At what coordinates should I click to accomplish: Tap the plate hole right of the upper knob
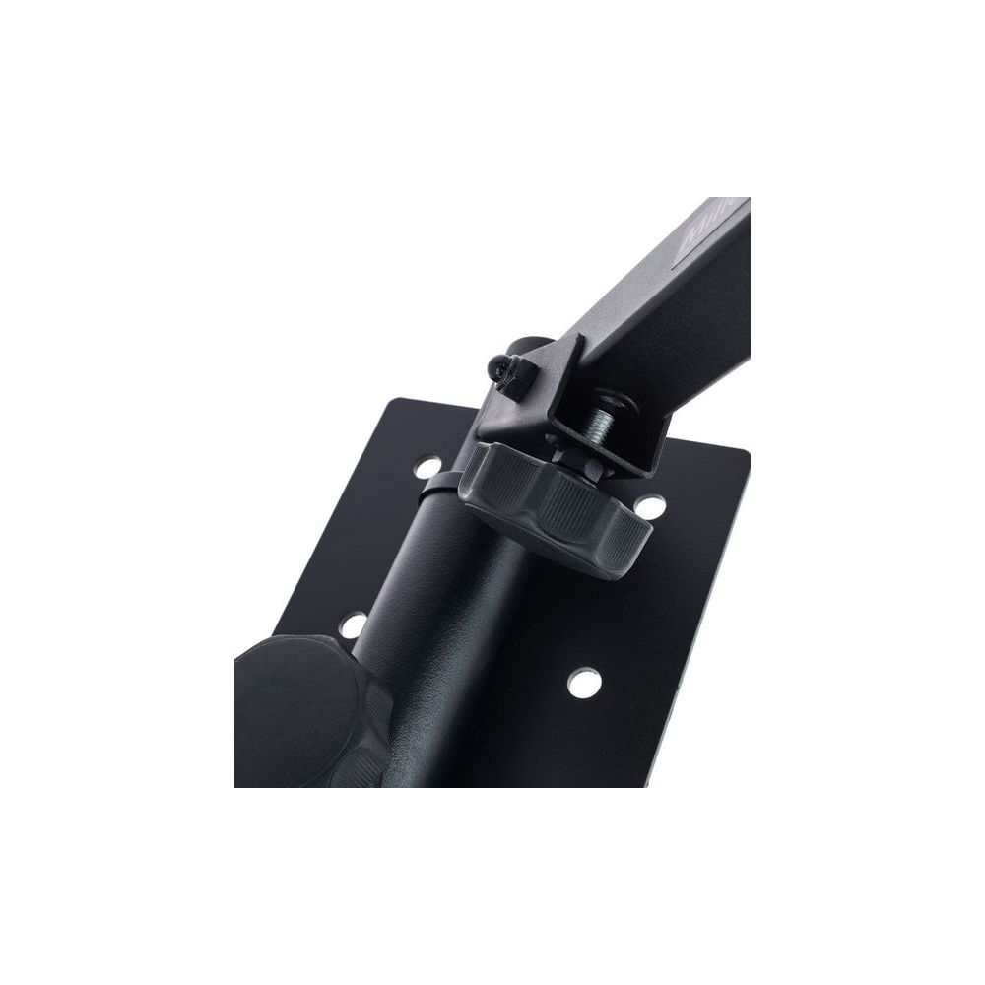click(647, 505)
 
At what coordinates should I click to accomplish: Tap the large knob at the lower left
click(305, 713)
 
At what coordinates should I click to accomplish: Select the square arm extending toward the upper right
click(670, 286)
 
